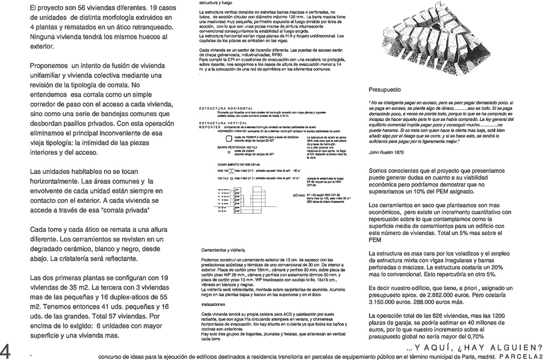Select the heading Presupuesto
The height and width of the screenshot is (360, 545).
385,89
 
